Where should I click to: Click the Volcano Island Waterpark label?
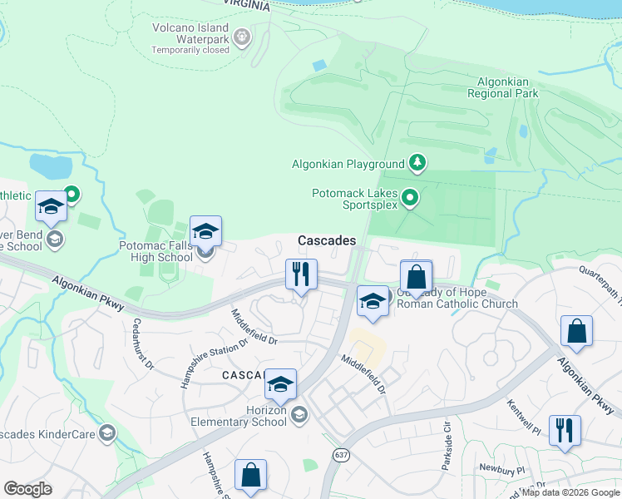coord(190,33)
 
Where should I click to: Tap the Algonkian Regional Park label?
coord(507,87)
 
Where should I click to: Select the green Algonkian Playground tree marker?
coord(419,163)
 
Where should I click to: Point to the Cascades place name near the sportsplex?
coord(327,240)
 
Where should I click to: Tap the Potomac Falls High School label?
coord(155,251)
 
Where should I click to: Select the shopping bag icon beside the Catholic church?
coord(417,276)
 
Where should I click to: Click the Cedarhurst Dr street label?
coord(143,343)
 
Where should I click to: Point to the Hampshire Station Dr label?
coord(215,363)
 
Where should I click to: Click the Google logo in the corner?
coord(28,488)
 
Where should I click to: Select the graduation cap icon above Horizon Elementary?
coord(281,384)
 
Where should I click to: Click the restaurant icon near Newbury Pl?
coord(565,430)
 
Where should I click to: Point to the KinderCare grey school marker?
coord(107,432)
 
